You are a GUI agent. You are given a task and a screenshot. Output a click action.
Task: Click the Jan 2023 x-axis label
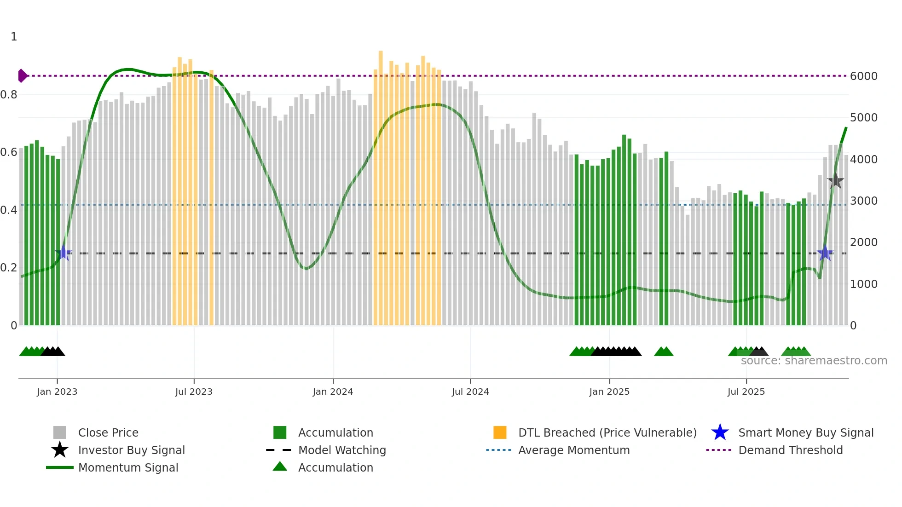click(x=57, y=392)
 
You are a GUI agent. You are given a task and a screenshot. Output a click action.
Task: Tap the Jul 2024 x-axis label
click(x=470, y=392)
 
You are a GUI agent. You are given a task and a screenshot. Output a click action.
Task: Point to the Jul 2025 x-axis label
click(x=746, y=392)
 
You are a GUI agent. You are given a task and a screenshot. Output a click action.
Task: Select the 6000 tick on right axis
click(x=863, y=76)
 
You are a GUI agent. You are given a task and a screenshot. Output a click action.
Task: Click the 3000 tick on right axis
click(x=863, y=201)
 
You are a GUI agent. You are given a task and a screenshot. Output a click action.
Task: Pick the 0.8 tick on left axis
click(x=9, y=95)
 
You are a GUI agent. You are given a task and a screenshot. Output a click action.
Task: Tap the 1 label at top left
click(x=14, y=37)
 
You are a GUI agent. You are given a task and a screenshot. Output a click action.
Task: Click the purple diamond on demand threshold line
click(x=22, y=75)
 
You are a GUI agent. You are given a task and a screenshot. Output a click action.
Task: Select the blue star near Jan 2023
click(x=64, y=253)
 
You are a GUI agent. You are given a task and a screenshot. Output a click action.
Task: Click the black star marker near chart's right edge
click(x=835, y=180)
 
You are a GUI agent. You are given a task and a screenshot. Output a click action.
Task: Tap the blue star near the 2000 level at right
click(x=825, y=253)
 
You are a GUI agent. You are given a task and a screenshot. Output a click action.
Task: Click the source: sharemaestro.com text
click(x=814, y=361)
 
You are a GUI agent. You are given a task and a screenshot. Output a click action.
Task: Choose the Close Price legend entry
click(x=108, y=432)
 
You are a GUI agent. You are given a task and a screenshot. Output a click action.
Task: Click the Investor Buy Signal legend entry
click(x=131, y=450)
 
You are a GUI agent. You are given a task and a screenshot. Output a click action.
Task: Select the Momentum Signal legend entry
click(x=128, y=467)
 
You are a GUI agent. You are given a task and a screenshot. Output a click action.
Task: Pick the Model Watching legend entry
click(x=342, y=450)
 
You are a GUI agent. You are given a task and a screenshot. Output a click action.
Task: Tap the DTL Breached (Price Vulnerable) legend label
click(x=607, y=432)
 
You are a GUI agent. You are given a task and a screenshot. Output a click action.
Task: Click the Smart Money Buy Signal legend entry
click(x=805, y=432)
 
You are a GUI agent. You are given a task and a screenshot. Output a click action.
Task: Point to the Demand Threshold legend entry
click(x=790, y=450)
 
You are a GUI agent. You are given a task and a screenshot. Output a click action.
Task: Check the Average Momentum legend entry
click(x=573, y=450)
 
